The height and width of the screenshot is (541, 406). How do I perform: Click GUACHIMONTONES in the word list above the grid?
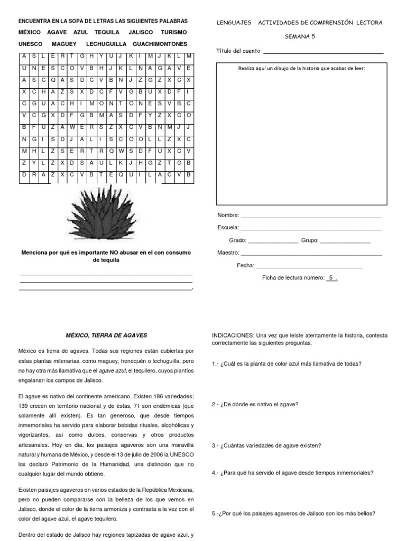pos(160,44)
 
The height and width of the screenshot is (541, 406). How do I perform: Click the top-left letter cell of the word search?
pos(24,56)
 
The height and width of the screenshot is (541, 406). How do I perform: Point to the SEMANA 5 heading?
pos(299,37)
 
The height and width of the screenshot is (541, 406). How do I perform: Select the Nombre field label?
pos(228,216)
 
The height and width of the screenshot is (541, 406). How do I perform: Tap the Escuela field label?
pos(228,228)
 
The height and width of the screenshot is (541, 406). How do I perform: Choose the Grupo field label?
pos(309,240)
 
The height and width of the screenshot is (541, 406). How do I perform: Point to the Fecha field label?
pos(245,265)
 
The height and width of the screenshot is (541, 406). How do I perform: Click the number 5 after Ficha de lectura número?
pos(331,277)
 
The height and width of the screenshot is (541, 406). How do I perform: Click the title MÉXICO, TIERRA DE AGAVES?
pos(106,335)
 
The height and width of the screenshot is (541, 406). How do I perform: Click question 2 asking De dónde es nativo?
pos(255,404)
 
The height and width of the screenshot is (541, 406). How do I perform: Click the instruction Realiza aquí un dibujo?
pos(301,69)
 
